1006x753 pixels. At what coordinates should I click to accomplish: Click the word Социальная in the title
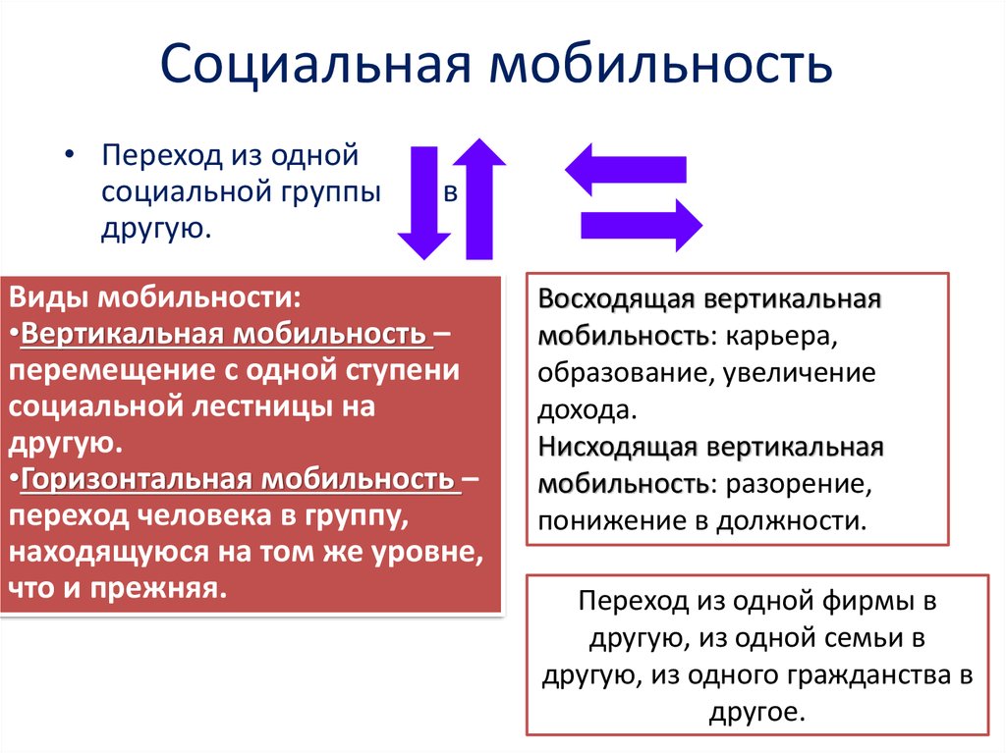tap(315, 64)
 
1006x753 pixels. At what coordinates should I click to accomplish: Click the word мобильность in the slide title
tap(661, 63)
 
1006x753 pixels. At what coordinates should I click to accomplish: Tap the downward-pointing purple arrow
tap(424, 202)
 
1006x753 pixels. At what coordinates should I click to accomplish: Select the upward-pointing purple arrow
tap(479, 199)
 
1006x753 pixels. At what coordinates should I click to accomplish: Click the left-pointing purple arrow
tap(626, 169)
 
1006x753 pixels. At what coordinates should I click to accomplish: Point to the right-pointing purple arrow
tap(642, 225)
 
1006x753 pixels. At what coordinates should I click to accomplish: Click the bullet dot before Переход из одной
tap(70, 155)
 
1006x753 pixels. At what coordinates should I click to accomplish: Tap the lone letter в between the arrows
tap(451, 191)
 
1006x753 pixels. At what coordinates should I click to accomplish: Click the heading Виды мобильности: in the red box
tap(154, 297)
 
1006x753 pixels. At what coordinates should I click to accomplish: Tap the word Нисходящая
tap(617, 447)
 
